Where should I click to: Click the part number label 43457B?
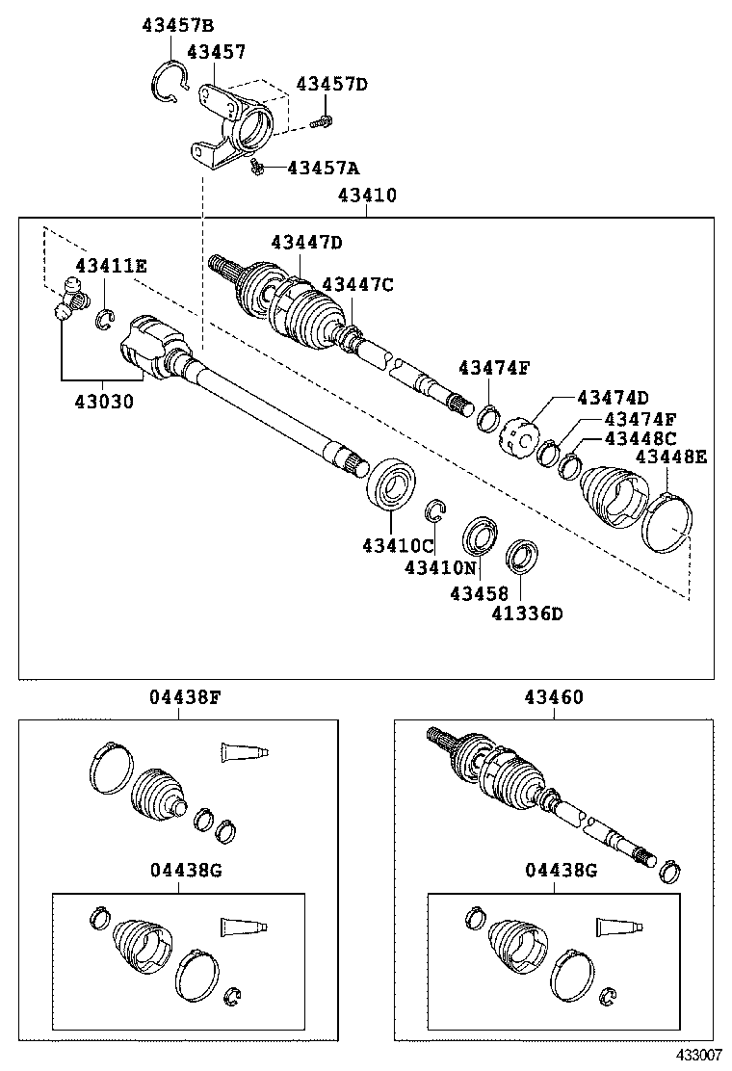[x=178, y=26]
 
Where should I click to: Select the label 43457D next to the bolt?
[x=331, y=84]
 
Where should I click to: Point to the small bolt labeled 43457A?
[x=256, y=169]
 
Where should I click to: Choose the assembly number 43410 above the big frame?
[x=366, y=195]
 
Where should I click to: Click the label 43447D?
[x=306, y=242]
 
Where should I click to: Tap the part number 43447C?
[x=357, y=284]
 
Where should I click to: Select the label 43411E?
[x=112, y=265]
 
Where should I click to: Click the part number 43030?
[x=101, y=400]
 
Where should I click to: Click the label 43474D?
[x=613, y=397]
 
